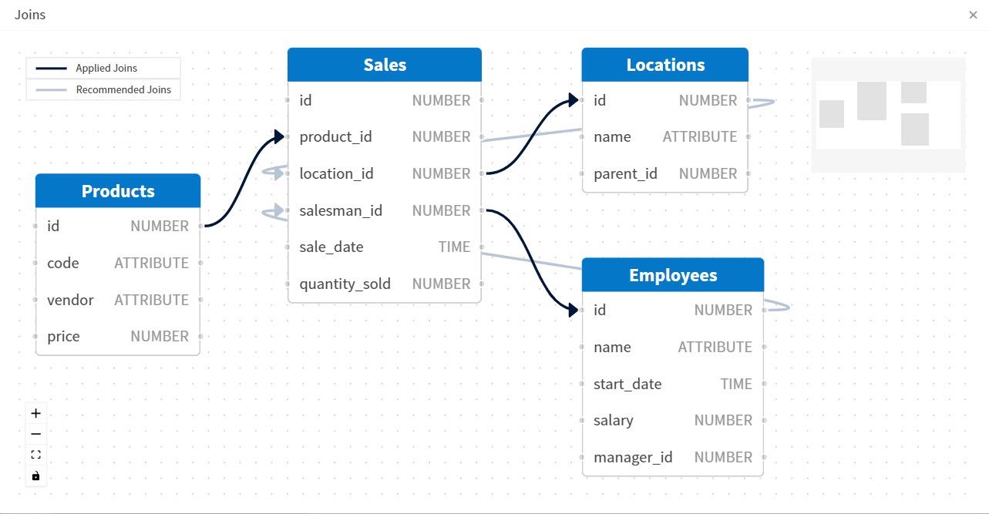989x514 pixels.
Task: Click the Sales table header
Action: coord(385,65)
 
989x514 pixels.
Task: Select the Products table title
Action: coord(118,191)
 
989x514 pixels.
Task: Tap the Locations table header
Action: coord(665,65)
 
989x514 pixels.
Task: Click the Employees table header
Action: coord(673,275)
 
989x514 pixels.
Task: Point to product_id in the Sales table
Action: coord(335,137)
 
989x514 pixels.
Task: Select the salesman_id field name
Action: coord(341,210)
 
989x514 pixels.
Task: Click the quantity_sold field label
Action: coord(345,284)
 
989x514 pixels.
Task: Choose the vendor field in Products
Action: coord(70,300)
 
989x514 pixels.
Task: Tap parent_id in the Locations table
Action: coord(625,173)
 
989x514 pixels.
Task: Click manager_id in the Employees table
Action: coord(633,457)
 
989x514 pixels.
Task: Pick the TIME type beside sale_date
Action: coord(454,247)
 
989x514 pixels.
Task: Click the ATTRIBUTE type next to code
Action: coord(151,263)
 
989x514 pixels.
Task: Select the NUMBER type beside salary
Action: coord(722,420)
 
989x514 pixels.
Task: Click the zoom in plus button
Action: coord(35,413)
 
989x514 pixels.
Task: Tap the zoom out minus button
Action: coord(35,434)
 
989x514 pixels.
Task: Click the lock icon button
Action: coord(35,476)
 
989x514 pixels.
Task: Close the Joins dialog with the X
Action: coord(973,15)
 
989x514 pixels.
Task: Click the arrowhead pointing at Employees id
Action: coord(573,311)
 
